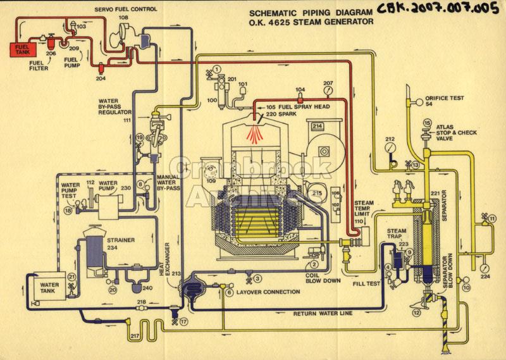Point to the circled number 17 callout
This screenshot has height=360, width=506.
(183, 321)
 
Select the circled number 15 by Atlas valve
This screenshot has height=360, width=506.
(426, 122)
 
